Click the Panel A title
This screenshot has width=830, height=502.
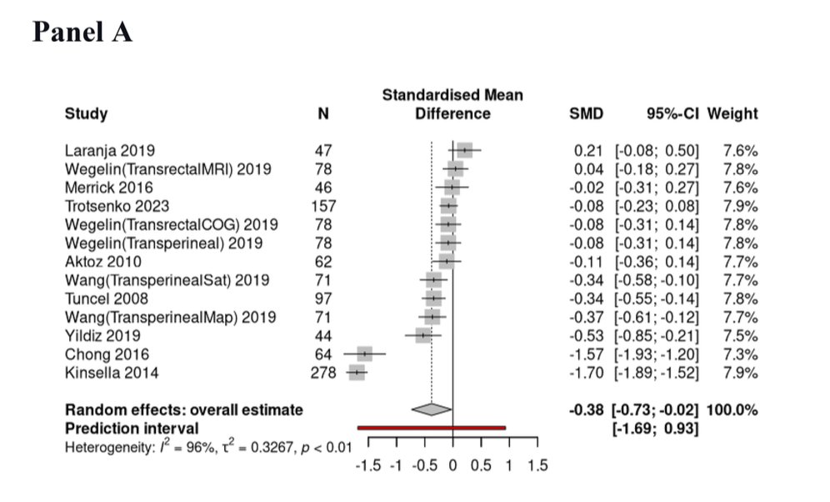pos(82,33)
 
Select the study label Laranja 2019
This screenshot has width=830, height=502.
pos(103,151)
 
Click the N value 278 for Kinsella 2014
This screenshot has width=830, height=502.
pos(324,373)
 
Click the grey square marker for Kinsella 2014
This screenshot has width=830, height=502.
pos(357,373)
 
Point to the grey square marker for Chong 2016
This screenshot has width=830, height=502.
pos(364,354)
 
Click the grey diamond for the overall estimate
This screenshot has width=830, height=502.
pos(432,409)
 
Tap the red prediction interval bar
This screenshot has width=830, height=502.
pos(432,428)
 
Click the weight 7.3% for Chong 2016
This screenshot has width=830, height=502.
pos(740,354)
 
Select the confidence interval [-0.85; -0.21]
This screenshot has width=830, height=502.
pos(657,336)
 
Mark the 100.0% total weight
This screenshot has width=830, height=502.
pos(732,409)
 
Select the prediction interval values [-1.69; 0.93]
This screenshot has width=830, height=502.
pos(655,428)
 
